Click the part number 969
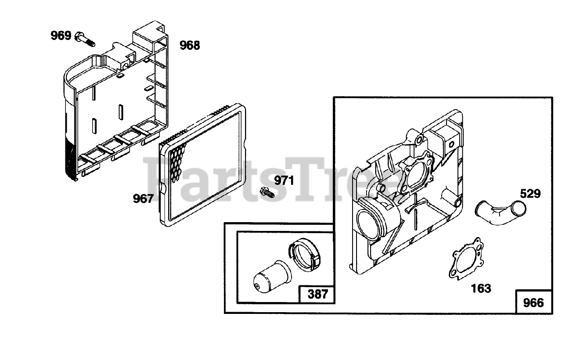pyautogui.click(x=61, y=36)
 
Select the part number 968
pyautogui.click(x=190, y=45)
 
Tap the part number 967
pyautogui.click(x=144, y=199)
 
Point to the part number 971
pyautogui.click(x=284, y=180)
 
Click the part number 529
pyautogui.click(x=530, y=194)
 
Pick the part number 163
pyautogui.click(x=481, y=288)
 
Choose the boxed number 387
pyautogui.click(x=317, y=294)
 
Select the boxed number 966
pyautogui.click(x=533, y=302)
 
